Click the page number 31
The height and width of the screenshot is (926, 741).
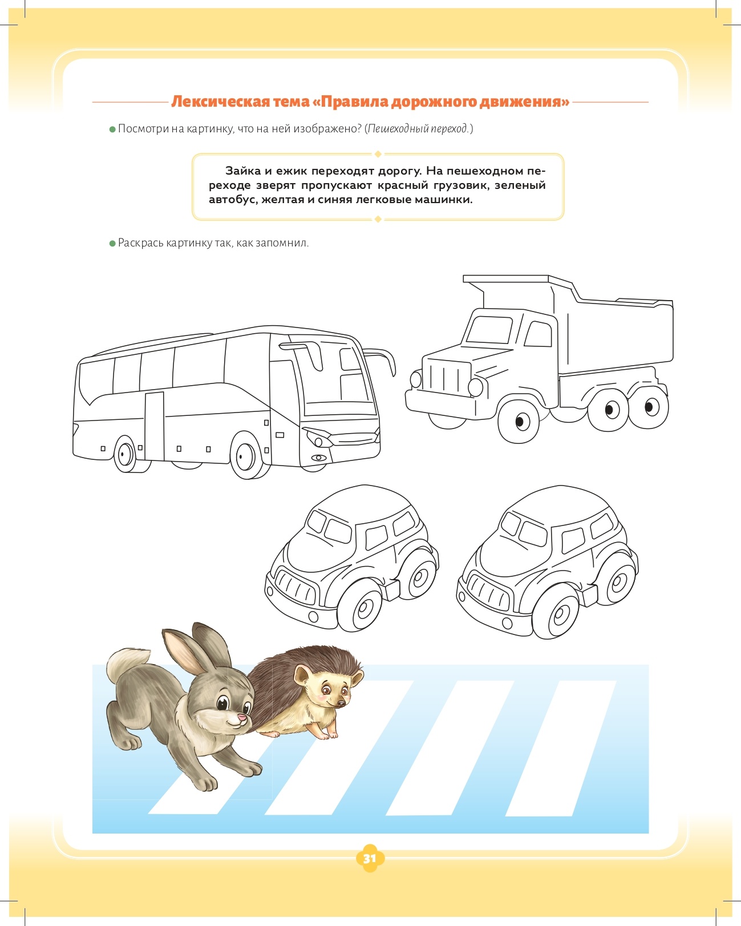(x=369, y=859)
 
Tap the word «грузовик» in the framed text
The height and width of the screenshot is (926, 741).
(x=463, y=186)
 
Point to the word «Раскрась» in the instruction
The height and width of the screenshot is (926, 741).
(x=141, y=243)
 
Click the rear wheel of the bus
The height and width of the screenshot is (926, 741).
(x=126, y=454)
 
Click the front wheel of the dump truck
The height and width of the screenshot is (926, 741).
(x=519, y=420)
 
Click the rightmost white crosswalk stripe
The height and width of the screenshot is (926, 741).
(x=561, y=749)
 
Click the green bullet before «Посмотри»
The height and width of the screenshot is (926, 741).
(x=112, y=130)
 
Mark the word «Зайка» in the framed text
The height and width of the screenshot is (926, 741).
(x=242, y=171)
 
